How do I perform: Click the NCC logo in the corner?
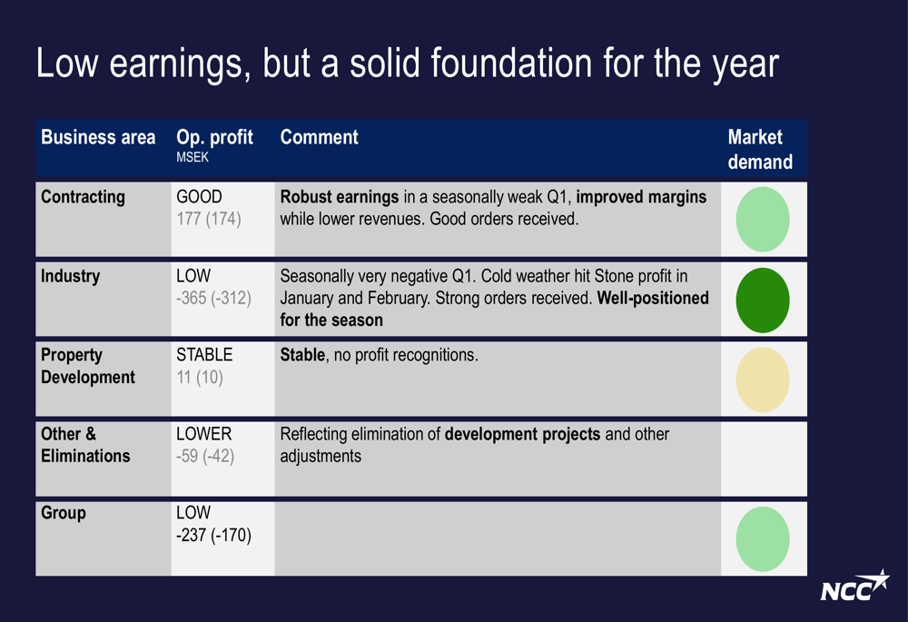tap(854, 587)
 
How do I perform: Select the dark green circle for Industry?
tap(763, 301)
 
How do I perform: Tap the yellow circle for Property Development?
tap(763, 380)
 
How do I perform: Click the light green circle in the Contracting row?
tap(763, 220)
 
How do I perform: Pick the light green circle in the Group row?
tap(763, 539)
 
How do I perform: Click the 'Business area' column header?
tap(98, 138)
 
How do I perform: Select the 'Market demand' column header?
tap(760, 150)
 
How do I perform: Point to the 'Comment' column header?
tap(319, 138)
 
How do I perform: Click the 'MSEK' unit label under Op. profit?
tap(192, 157)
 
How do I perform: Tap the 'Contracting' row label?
tap(83, 197)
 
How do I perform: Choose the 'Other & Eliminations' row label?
tap(85, 445)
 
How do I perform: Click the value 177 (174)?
tap(208, 219)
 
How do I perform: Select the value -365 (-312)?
tap(213, 298)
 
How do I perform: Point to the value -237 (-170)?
tap(213, 536)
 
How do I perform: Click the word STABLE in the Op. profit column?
tap(204, 355)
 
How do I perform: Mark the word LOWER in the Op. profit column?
tap(203, 434)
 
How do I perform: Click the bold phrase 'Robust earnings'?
tap(339, 197)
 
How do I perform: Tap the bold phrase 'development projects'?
tap(522, 434)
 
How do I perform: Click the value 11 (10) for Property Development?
tap(199, 377)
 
